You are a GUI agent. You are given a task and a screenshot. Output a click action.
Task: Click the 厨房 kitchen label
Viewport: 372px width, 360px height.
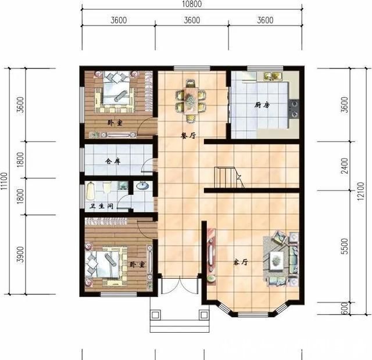tap(262, 105)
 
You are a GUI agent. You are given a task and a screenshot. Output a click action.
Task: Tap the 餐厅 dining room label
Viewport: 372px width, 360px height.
tap(188, 136)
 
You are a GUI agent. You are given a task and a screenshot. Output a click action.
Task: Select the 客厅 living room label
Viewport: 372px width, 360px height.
tap(241, 262)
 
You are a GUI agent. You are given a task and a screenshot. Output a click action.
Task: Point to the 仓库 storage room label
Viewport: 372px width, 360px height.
tap(113, 161)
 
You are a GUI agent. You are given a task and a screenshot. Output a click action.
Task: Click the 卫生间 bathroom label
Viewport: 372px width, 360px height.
tap(102, 206)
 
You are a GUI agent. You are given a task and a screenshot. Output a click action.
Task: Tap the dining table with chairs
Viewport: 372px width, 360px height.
tap(190, 101)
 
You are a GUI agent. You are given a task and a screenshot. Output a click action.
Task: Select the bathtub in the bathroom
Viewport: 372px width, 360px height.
tap(90, 191)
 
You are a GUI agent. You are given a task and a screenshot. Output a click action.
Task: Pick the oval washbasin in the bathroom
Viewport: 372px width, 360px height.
tap(142, 186)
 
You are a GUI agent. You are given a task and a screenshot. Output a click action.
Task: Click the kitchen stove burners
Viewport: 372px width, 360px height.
tap(294, 109)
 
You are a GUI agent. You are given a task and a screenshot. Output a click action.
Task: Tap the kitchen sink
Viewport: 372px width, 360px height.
tap(273, 76)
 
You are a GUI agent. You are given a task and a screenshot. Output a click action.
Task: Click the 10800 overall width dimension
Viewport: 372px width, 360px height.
tap(192, 4)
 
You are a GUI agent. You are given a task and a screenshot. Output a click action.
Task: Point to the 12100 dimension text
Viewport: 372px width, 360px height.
tap(360, 191)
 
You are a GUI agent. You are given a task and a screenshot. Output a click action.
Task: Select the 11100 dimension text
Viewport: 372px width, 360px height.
tap(4, 181)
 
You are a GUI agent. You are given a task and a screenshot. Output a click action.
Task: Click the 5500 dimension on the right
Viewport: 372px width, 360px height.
tap(345, 246)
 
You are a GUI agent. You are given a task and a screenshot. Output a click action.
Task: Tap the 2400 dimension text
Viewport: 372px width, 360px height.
tap(345, 165)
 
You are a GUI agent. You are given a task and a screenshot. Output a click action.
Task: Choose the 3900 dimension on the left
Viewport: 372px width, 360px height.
tap(21, 254)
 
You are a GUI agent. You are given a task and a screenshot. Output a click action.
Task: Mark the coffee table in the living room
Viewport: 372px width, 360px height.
tap(277, 260)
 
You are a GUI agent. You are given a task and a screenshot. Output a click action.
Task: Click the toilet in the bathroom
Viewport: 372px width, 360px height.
tap(107, 187)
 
